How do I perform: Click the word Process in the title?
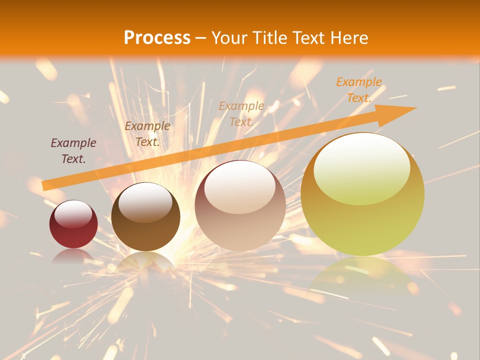click(x=157, y=38)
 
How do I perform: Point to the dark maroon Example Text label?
click(x=73, y=150)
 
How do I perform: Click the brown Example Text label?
click(x=147, y=133)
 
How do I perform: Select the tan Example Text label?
click(x=241, y=113)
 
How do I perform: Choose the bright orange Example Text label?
click(x=358, y=89)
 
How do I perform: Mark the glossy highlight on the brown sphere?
click(x=145, y=202)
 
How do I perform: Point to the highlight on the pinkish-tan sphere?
click(x=240, y=188)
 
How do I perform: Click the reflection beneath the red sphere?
click(x=73, y=256)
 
